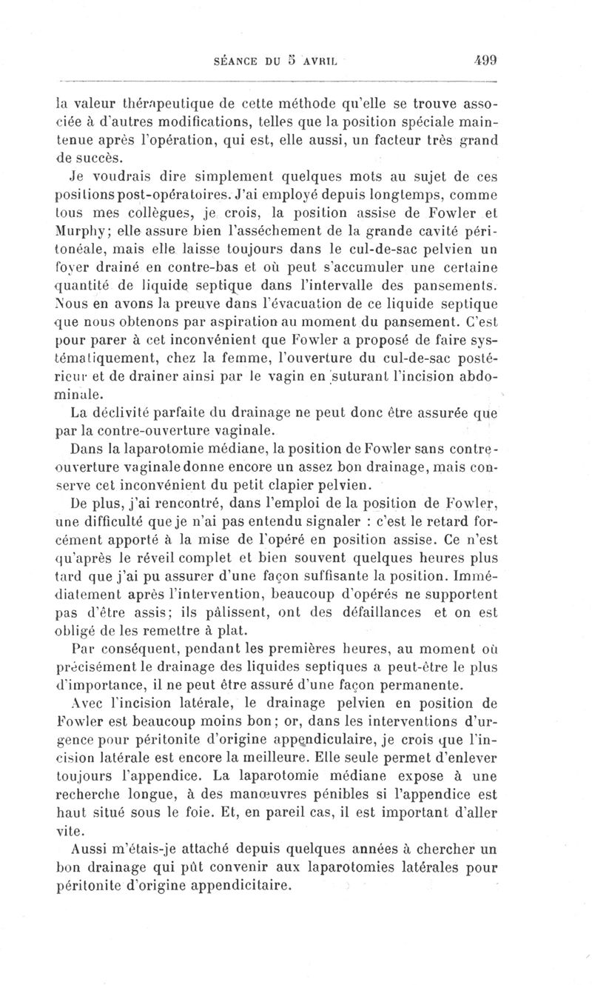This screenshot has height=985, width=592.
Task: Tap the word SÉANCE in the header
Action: tap(235, 61)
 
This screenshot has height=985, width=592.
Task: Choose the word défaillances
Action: tap(386, 612)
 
